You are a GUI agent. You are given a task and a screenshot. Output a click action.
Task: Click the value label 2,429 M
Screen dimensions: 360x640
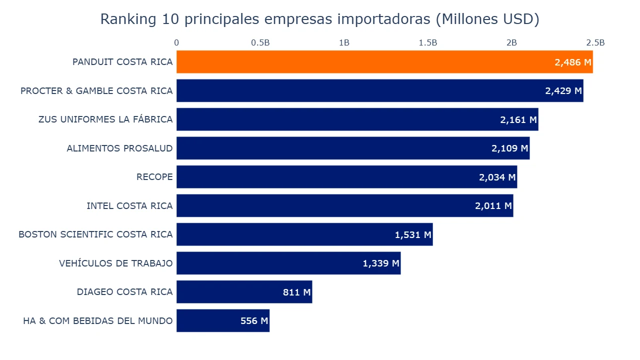[563, 91]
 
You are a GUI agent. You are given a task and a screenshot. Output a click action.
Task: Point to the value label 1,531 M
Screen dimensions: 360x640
[413, 234]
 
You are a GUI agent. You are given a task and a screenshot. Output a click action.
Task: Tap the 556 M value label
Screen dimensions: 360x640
[254, 321]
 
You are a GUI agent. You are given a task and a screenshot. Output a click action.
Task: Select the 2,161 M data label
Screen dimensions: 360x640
[518, 120]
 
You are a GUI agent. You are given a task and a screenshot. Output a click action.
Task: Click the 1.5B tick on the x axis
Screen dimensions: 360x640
[428, 43]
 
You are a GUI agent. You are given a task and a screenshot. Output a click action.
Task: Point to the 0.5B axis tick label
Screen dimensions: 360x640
[260, 43]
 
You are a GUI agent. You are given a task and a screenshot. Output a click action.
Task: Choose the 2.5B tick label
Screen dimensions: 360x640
[595, 43]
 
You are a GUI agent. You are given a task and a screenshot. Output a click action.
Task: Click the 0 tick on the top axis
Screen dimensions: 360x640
[176, 43]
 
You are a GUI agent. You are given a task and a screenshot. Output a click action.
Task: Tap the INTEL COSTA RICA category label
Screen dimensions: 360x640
[129, 206]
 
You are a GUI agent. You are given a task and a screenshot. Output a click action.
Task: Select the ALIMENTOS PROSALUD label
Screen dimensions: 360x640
[119, 148]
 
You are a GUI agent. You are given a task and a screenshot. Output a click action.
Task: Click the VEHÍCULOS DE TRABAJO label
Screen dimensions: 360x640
[115, 263]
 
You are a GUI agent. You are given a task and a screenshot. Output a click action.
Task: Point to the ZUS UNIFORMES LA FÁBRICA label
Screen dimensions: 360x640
[105, 119]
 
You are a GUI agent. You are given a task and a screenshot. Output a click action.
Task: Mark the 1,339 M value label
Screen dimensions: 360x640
[381, 263]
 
